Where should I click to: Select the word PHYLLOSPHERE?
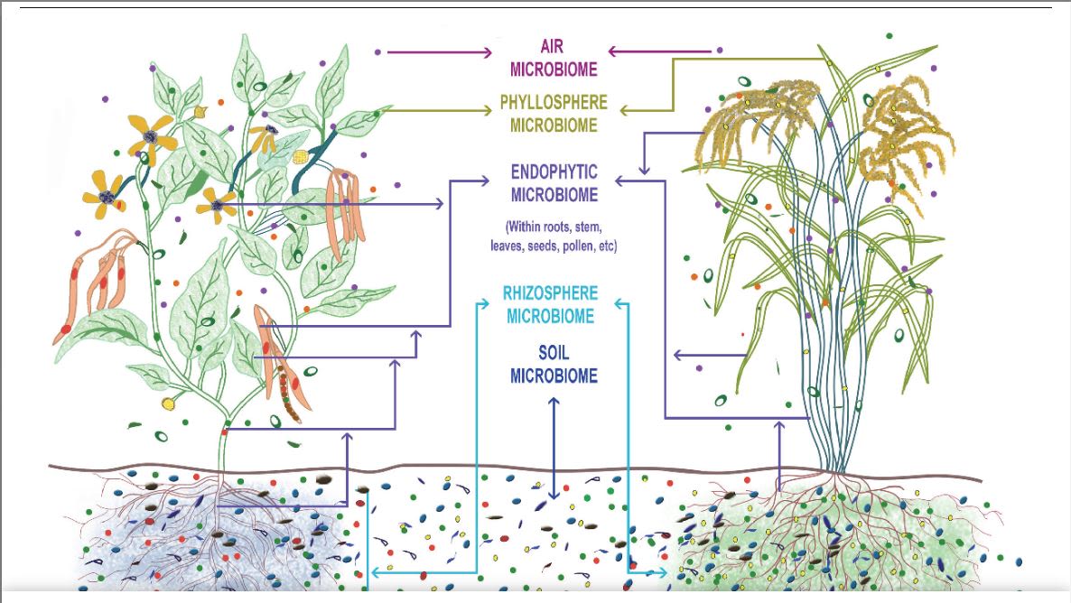pyautogui.click(x=554, y=103)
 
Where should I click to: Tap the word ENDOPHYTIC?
pyautogui.click(x=554, y=172)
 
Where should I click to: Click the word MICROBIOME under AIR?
pyautogui.click(x=554, y=69)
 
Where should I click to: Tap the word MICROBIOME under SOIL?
pyautogui.click(x=554, y=376)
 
